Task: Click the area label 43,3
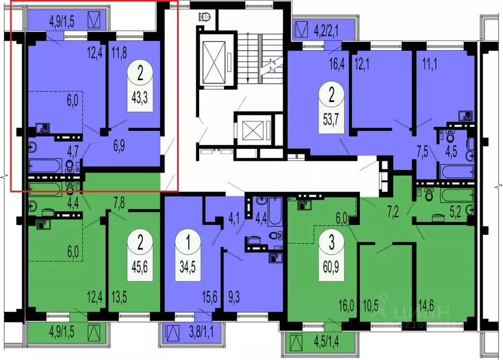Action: tap(141, 97)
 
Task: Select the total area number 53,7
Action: tap(331, 117)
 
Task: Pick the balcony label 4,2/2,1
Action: tap(326, 33)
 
